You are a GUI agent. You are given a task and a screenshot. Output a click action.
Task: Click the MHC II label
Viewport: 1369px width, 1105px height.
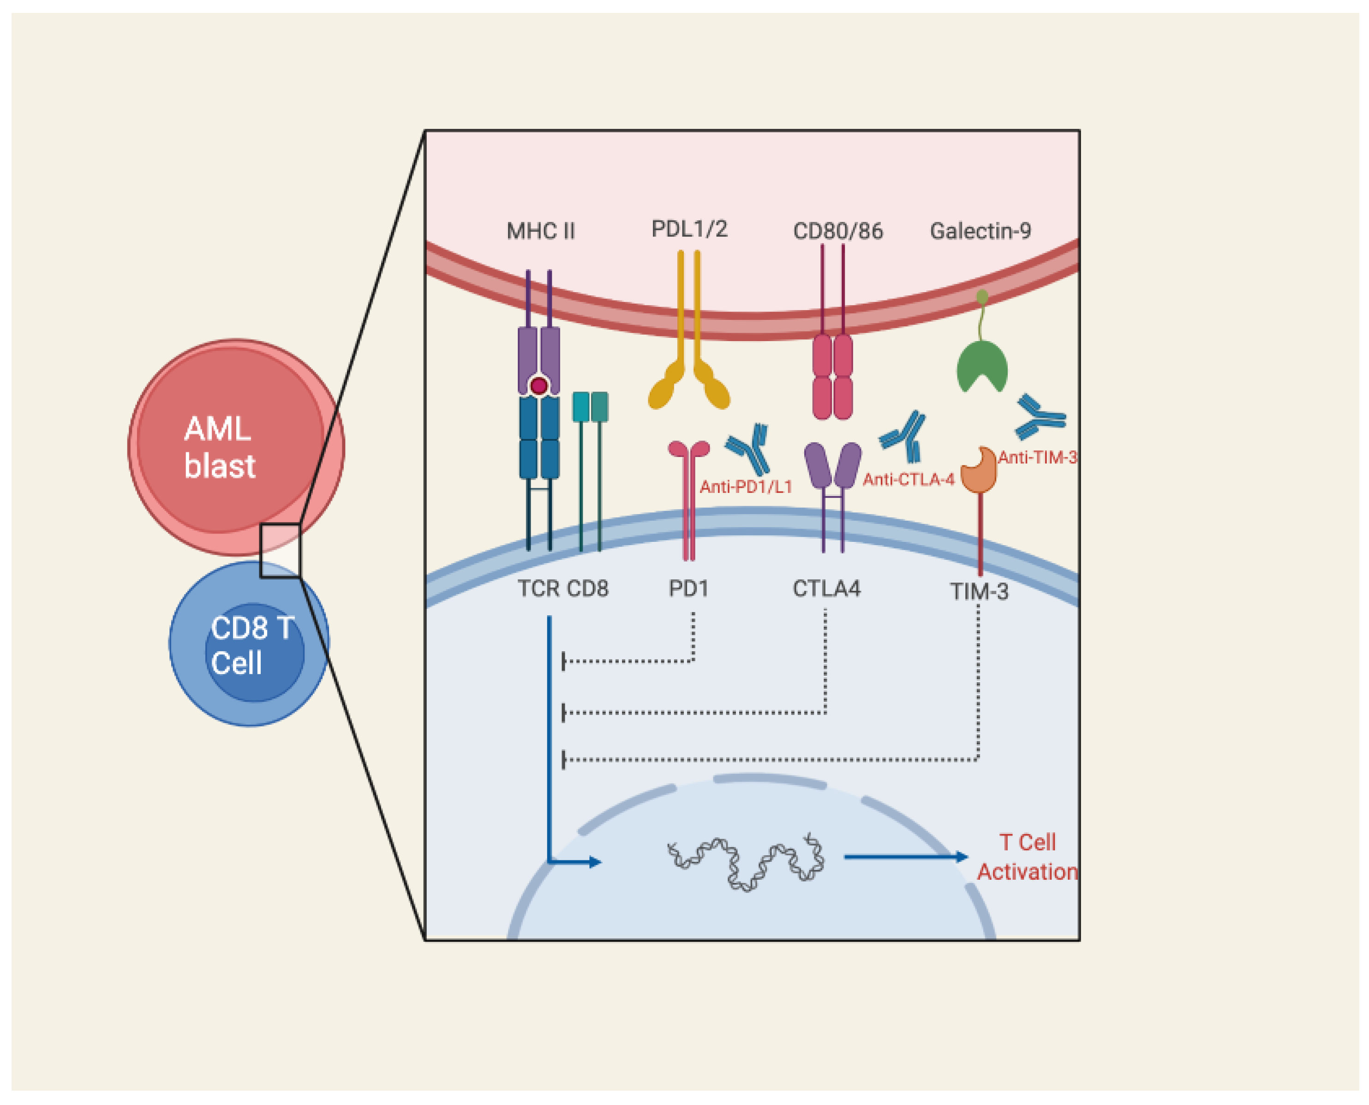[540, 231]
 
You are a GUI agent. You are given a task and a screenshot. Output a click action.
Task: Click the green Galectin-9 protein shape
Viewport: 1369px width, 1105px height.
[981, 366]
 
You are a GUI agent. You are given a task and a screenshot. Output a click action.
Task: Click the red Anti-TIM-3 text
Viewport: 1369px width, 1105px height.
[1037, 457]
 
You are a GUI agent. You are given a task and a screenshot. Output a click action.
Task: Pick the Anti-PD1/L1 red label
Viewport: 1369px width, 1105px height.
[746, 487]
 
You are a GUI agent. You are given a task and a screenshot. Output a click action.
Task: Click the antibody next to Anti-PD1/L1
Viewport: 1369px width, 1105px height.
[749, 447]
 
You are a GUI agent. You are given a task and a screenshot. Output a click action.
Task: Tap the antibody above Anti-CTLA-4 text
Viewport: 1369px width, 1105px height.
[903, 436]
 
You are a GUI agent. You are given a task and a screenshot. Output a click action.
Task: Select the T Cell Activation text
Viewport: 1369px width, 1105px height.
[1027, 857]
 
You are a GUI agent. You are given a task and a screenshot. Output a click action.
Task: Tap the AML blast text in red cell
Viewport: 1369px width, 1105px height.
[220, 447]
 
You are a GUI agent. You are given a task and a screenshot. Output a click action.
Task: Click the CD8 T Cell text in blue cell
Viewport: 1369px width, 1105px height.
[251, 645]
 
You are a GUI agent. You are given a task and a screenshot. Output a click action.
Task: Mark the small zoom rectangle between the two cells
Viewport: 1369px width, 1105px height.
[280, 551]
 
